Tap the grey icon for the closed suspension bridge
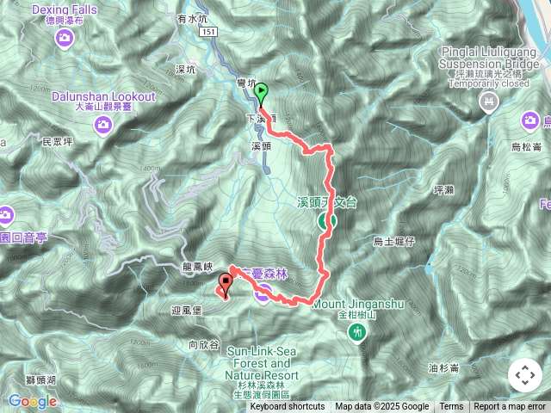(x=489, y=102)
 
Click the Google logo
(x=33, y=401)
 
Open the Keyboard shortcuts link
(x=288, y=407)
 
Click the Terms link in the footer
(x=451, y=407)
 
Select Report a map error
(x=510, y=407)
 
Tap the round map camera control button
(x=525, y=375)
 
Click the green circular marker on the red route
(x=326, y=221)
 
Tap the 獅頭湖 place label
(x=40, y=379)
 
